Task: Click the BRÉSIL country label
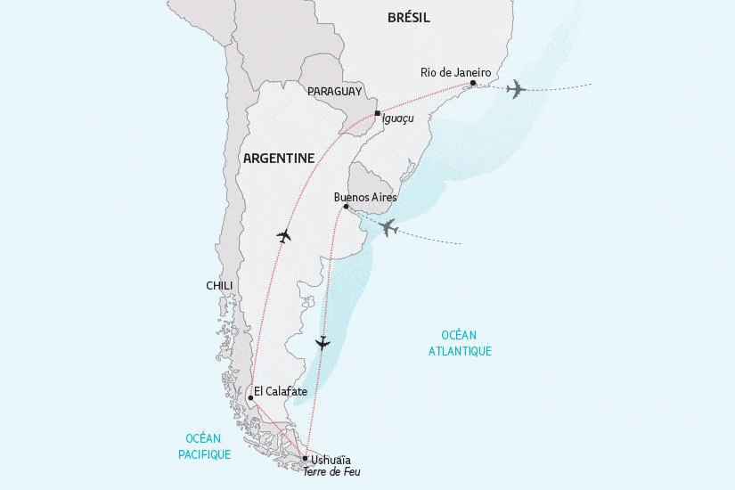409,17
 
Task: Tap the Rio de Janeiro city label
455,72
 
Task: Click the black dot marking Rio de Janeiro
473,84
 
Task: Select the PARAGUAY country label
334,92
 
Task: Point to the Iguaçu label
397,117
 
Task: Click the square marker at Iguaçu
378,113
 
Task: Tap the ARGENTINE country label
278,158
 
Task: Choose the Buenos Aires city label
364,197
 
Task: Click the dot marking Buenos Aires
346,208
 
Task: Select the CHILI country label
219,285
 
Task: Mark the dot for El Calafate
250,398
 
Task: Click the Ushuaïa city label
332,460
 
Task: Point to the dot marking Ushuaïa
305,458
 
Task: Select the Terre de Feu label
339,472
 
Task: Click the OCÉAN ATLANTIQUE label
466,342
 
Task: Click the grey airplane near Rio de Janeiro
515,88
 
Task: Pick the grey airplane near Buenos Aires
388,228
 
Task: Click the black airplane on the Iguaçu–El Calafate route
284,236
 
